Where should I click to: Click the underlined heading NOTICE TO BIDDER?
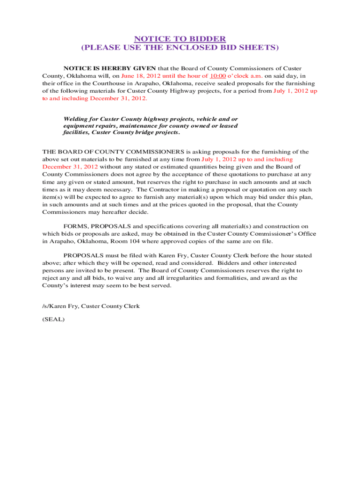click(180, 39)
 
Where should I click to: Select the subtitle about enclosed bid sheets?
click(180, 48)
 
